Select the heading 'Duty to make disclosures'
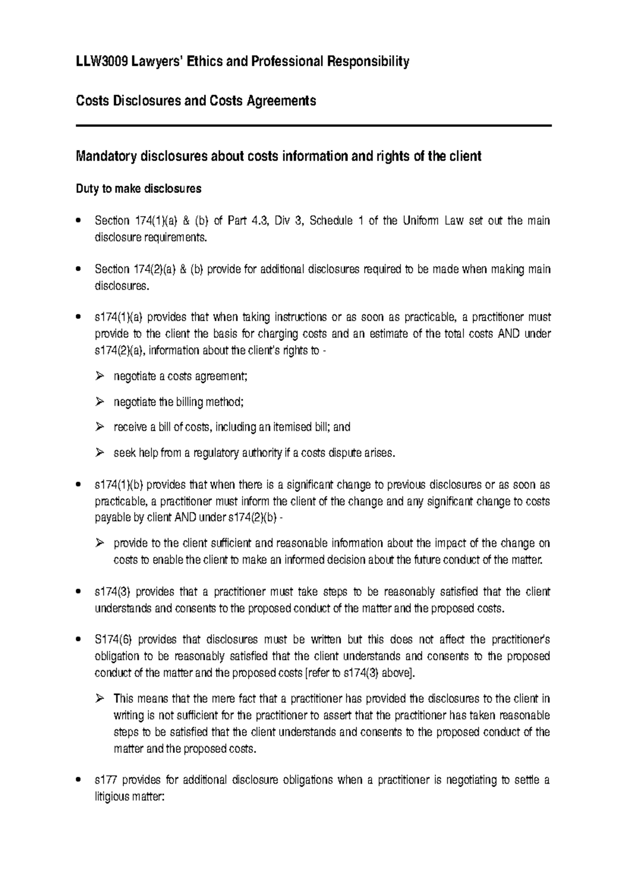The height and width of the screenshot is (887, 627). coord(138,189)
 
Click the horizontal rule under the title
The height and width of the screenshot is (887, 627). coord(313,126)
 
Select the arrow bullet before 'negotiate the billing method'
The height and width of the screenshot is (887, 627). coord(100,402)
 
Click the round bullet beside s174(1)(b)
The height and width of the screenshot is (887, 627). coord(79,485)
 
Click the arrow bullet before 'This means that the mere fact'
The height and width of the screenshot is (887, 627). coord(100,699)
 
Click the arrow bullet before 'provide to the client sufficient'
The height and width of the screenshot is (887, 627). coord(100,544)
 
